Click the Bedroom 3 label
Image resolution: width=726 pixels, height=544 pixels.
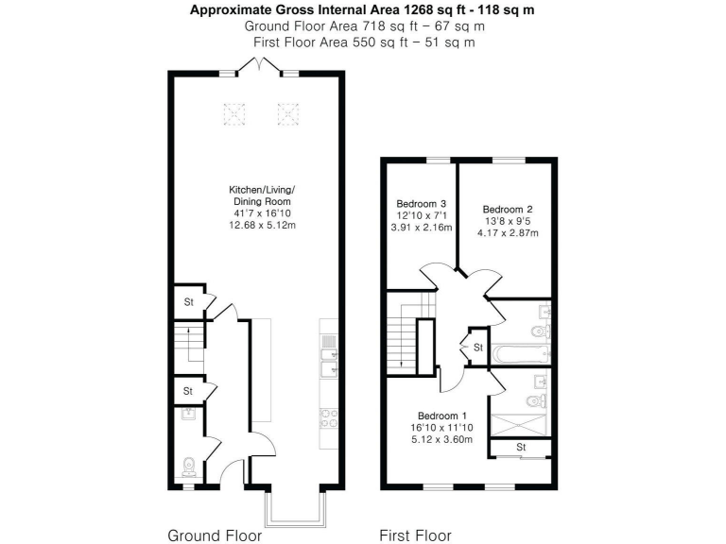click(421, 204)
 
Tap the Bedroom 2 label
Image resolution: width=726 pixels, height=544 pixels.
click(508, 209)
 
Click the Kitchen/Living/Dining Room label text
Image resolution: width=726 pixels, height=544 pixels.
click(262, 195)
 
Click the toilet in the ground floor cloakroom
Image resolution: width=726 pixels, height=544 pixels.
click(188, 466)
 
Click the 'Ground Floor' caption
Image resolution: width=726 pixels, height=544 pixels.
click(215, 535)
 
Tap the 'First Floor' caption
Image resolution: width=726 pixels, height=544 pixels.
click(415, 535)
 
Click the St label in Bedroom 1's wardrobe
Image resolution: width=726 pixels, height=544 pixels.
click(520, 447)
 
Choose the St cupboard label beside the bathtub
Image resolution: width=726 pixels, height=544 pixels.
click(478, 348)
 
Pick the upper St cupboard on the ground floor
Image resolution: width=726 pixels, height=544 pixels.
click(188, 302)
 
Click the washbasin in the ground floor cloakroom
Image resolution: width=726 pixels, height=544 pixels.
click(187, 414)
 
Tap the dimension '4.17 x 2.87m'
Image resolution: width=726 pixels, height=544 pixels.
click(508, 233)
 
